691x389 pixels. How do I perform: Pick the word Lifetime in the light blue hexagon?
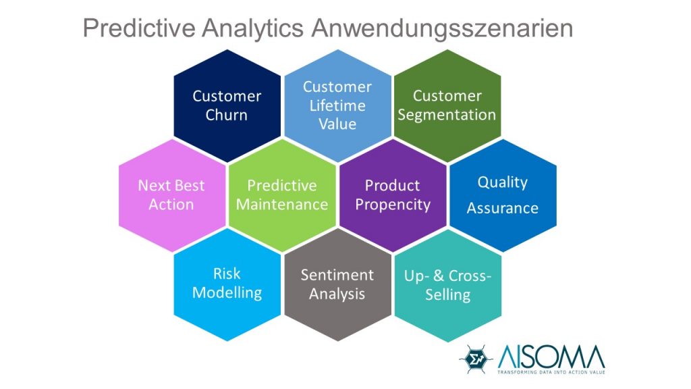pyautogui.click(x=337, y=105)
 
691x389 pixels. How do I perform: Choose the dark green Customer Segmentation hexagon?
pyautogui.click(x=447, y=106)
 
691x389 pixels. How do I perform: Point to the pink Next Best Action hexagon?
pyautogui.click(x=171, y=195)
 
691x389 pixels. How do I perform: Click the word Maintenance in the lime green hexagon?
pyautogui.click(x=282, y=205)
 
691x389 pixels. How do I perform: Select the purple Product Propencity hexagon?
pyautogui.click(x=393, y=195)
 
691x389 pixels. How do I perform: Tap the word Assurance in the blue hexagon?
pyautogui.click(x=502, y=208)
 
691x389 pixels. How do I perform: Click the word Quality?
pyautogui.click(x=502, y=182)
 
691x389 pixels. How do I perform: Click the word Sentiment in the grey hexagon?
pyautogui.click(x=337, y=275)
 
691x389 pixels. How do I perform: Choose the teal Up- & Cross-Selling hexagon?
pyautogui.click(x=447, y=286)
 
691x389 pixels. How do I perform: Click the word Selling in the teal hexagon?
pyautogui.click(x=447, y=295)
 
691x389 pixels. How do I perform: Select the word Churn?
pyautogui.click(x=227, y=115)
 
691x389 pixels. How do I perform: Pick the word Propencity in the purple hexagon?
pyautogui.click(x=393, y=205)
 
